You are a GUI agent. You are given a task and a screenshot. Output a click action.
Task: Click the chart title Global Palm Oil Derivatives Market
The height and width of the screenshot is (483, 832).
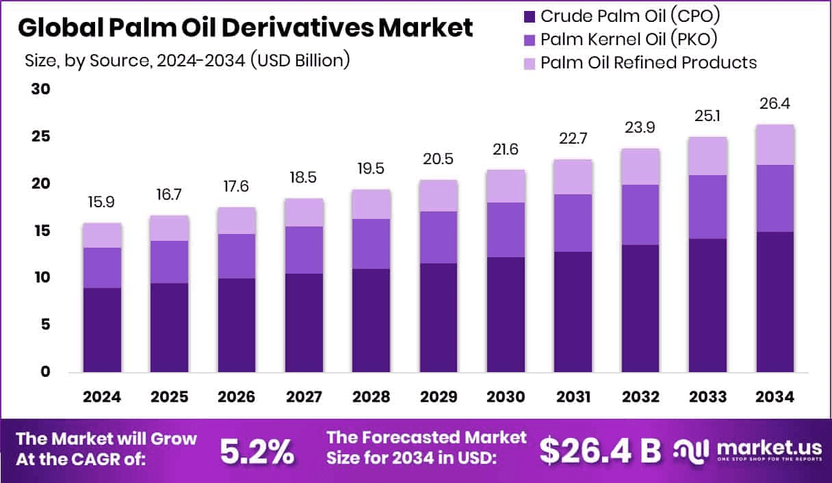(244, 28)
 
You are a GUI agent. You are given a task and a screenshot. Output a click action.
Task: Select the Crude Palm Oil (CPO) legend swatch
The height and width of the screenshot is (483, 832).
(529, 16)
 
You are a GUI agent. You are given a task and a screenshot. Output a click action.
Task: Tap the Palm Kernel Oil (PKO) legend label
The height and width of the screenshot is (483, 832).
(628, 39)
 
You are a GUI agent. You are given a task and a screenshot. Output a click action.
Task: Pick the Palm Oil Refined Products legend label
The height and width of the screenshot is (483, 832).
(648, 63)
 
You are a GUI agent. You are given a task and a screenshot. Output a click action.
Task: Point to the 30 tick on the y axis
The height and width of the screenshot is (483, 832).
(42, 90)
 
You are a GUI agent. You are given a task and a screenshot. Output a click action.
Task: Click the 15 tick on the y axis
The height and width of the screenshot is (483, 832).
(42, 231)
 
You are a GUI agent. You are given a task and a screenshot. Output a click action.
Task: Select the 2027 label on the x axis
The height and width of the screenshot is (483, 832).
(304, 397)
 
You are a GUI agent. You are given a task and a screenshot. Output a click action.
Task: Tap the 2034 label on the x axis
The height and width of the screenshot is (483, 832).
(775, 397)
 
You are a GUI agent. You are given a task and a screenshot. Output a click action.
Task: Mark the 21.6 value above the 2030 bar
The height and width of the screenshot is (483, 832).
(506, 151)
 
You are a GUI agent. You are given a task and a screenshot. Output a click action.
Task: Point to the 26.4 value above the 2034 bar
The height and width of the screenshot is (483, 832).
(775, 105)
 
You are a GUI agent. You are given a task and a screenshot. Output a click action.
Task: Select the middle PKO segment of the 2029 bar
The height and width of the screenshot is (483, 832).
(439, 237)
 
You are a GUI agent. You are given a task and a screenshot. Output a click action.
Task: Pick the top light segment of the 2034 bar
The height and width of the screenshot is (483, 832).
(775, 145)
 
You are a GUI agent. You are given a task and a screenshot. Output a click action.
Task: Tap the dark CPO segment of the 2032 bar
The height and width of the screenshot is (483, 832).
(640, 309)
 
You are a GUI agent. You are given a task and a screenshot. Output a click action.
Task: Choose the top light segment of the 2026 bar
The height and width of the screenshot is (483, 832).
(237, 221)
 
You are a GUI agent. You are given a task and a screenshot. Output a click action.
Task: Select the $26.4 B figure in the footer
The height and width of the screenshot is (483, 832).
(600, 450)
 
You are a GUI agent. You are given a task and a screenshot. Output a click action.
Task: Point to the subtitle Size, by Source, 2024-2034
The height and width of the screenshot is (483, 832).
(187, 60)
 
